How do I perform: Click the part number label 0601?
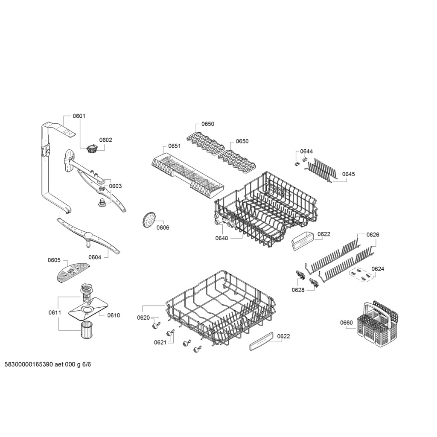[x=79, y=116]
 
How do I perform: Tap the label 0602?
[x=106, y=140]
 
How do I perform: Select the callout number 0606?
[x=163, y=228]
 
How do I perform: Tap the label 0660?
[x=347, y=323]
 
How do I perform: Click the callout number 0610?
[x=114, y=315]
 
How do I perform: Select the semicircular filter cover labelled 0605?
[x=73, y=272]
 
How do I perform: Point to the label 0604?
[x=95, y=257]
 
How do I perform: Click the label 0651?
[x=174, y=146]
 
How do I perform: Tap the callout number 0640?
[x=221, y=238]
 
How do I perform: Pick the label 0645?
[x=349, y=174]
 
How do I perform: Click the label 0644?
[x=306, y=151]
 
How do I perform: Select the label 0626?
[x=373, y=235]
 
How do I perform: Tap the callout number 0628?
[x=298, y=290]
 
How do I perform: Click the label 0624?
[x=378, y=269]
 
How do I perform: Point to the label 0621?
[x=160, y=343]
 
